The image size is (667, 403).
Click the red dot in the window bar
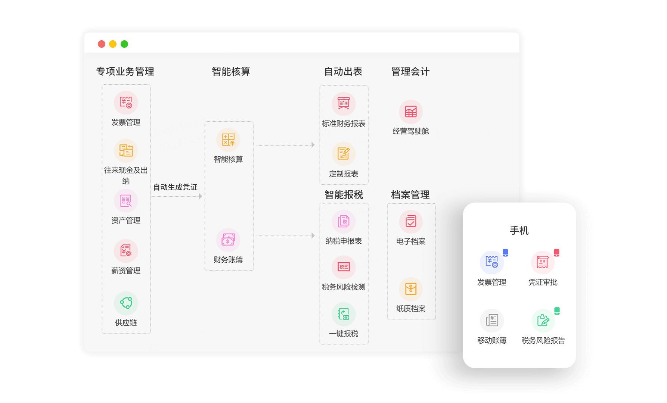(x=101, y=44)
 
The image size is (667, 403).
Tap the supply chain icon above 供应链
(x=126, y=303)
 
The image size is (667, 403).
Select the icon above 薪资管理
(x=126, y=251)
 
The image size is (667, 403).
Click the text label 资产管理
(x=126, y=221)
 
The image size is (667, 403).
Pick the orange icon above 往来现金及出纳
(x=126, y=151)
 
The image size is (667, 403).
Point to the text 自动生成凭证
(x=175, y=187)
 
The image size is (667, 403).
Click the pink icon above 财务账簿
(x=228, y=240)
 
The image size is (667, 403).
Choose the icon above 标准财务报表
(x=344, y=104)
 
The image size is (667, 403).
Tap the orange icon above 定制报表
(x=344, y=154)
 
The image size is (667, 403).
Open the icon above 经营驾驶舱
(x=411, y=112)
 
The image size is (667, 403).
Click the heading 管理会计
(x=410, y=71)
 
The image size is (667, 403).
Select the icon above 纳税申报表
(x=344, y=221)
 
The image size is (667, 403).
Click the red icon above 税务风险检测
(x=344, y=267)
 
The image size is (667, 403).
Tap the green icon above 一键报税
(x=344, y=314)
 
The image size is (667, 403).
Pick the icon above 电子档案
(x=411, y=221)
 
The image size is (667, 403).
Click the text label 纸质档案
(x=411, y=309)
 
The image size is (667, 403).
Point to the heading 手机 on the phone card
(x=519, y=230)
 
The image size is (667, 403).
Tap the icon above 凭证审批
(x=543, y=262)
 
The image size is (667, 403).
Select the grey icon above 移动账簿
(x=492, y=321)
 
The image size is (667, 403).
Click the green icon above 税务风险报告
(x=543, y=321)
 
